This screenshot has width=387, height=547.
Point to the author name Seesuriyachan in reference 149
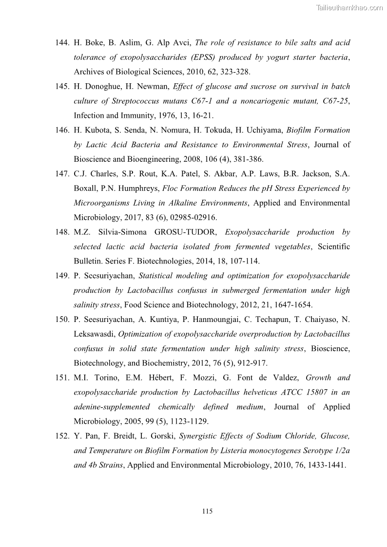tap(107, 276)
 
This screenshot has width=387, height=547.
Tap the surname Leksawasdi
tap(94, 334)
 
